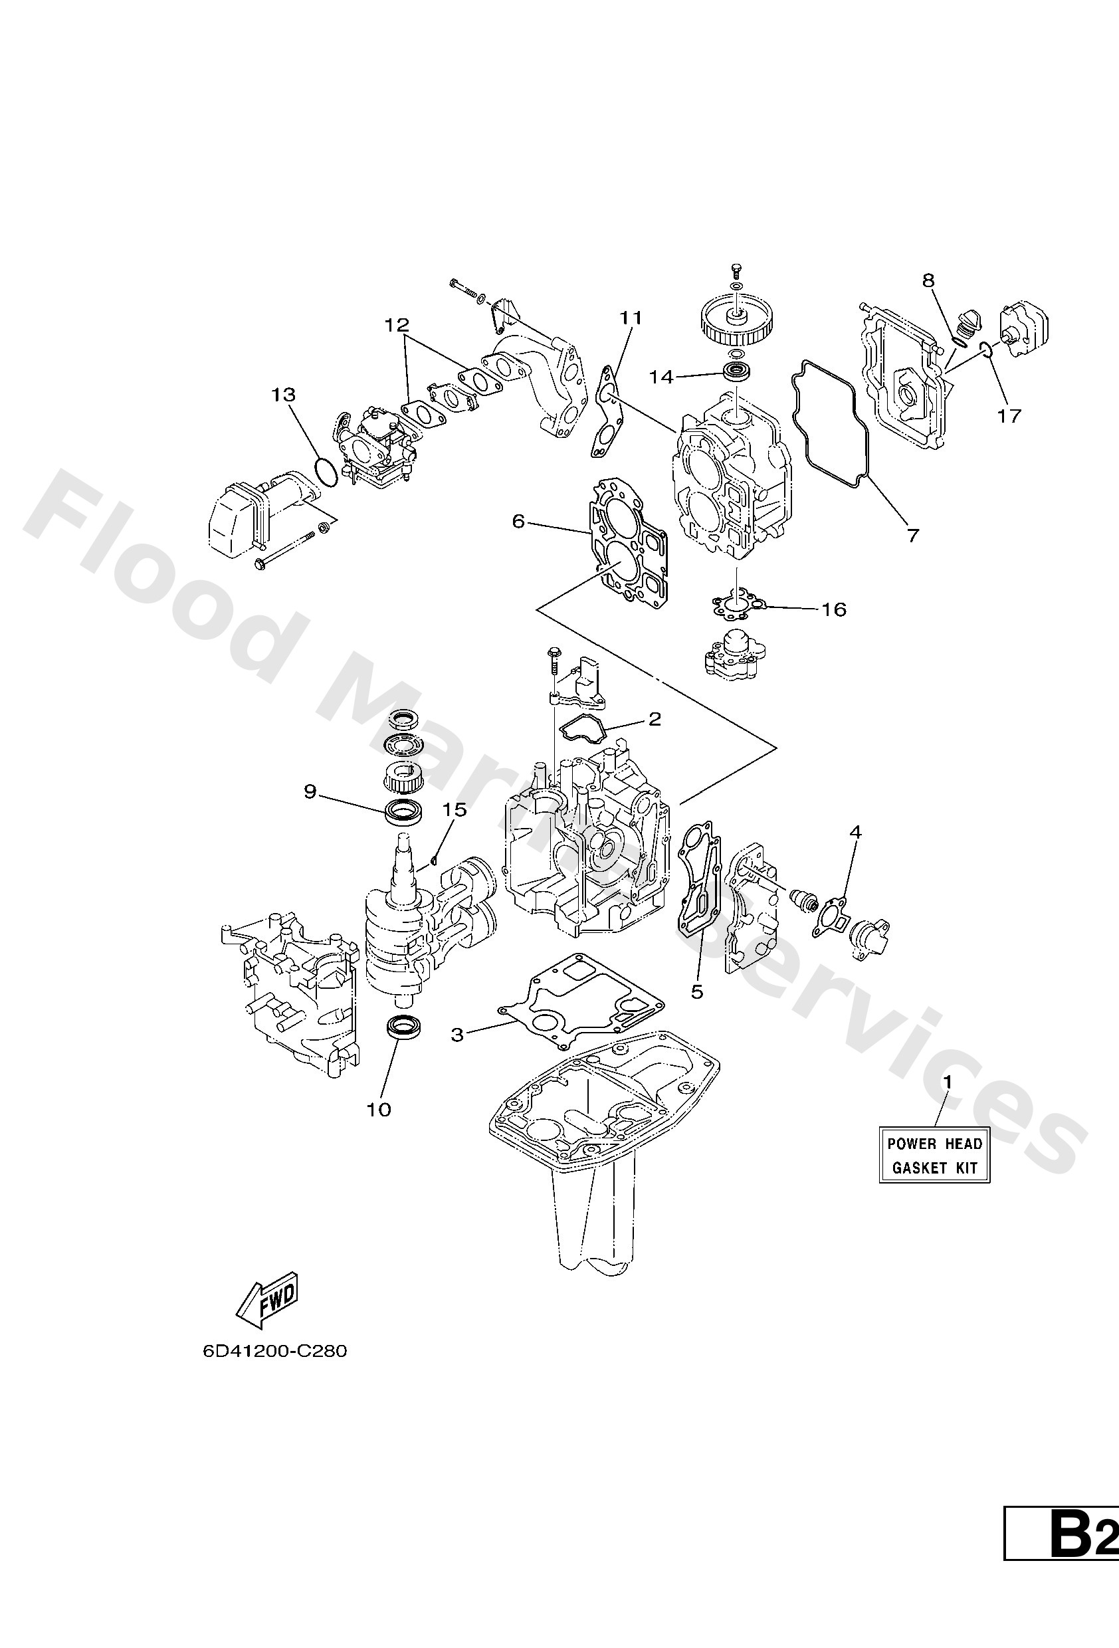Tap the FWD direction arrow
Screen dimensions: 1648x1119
coord(268,1302)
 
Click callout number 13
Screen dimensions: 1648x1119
coord(283,394)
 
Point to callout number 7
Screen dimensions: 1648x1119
coord(912,536)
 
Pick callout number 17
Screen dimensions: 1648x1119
coord(1009,415)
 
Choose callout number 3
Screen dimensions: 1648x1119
coord(457,1035)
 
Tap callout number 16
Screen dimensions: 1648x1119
coord(834,609)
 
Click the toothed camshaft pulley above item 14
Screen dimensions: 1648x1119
coord(737,317)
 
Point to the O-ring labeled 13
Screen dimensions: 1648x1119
coord(325,472)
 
